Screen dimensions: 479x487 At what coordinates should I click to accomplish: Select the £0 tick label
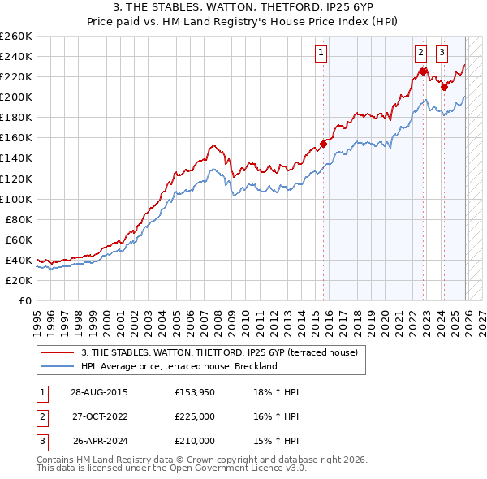coord(24,300)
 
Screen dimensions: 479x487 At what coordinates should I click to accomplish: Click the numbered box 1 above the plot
coord(321,54)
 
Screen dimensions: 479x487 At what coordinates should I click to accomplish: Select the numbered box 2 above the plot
coord(421,54)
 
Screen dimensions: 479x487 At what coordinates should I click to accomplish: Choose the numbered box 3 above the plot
coord(442,54)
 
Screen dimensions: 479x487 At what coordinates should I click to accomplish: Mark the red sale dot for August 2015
coord(323,144)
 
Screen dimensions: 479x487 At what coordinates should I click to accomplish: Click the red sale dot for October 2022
coord(423,71)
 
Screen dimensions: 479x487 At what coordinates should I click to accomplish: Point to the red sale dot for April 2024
coord(444,87)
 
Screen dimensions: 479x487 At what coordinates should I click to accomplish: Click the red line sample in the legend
coord(58,352)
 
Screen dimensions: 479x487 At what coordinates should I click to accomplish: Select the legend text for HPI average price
coord(179,366)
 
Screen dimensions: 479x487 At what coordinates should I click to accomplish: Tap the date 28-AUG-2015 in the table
coord(99,392)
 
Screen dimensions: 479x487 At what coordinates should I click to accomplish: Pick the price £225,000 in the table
coord(195,416)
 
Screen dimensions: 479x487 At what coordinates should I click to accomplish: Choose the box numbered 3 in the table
coord(42,441)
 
